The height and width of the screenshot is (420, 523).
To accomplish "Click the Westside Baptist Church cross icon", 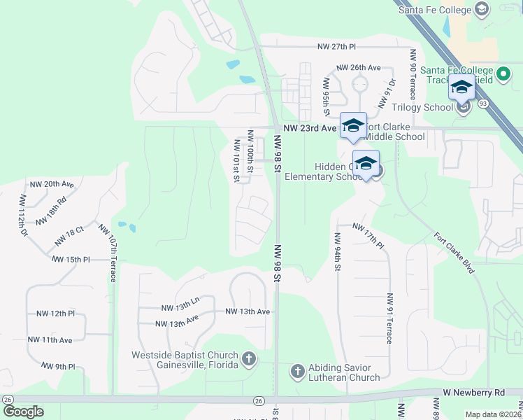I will (249, 360).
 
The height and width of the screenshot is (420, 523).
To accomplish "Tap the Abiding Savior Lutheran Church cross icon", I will (296, 370).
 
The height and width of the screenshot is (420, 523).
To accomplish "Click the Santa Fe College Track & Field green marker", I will (503, 73).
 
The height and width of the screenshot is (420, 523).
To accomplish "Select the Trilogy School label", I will (422, 107).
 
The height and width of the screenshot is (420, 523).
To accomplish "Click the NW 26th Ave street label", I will (358, 68).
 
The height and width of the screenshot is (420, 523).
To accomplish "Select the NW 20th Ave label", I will (52, 184).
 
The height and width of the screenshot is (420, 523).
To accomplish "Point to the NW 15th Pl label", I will (71, 259).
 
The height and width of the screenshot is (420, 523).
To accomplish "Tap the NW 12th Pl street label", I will (50, 313).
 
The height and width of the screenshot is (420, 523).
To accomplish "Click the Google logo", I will (23, 411).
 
